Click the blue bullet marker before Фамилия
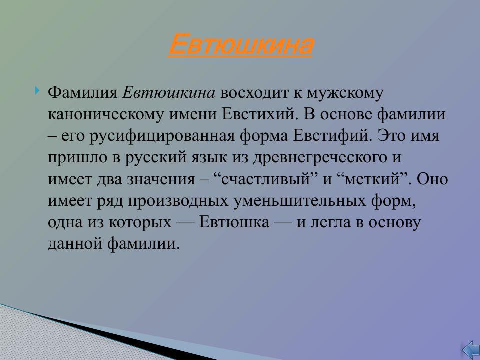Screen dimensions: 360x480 pyautogui.click(x=38, y=91)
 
